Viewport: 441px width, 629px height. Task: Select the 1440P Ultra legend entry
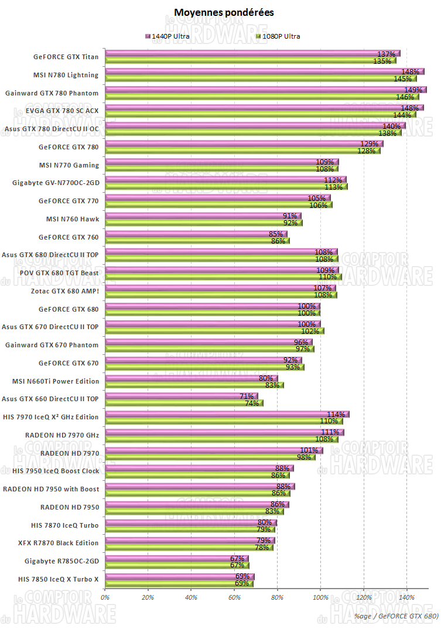tap(167, 36)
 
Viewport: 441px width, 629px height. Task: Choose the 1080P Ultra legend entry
tap(278, 36)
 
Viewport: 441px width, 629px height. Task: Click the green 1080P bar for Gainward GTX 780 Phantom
tap(252, 97)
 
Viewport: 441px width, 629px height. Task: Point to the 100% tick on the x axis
tap(320, 597)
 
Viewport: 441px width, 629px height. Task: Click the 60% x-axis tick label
tap(234, 597)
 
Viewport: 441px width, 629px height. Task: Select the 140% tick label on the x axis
tap(406, 597)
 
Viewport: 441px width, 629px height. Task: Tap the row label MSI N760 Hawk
tap(73, 219)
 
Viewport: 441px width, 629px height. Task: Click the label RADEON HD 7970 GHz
tap(62, 435)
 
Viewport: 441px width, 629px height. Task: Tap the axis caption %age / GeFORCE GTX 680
tap(396, 616)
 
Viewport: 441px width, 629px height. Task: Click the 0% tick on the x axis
tap(106, 597)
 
